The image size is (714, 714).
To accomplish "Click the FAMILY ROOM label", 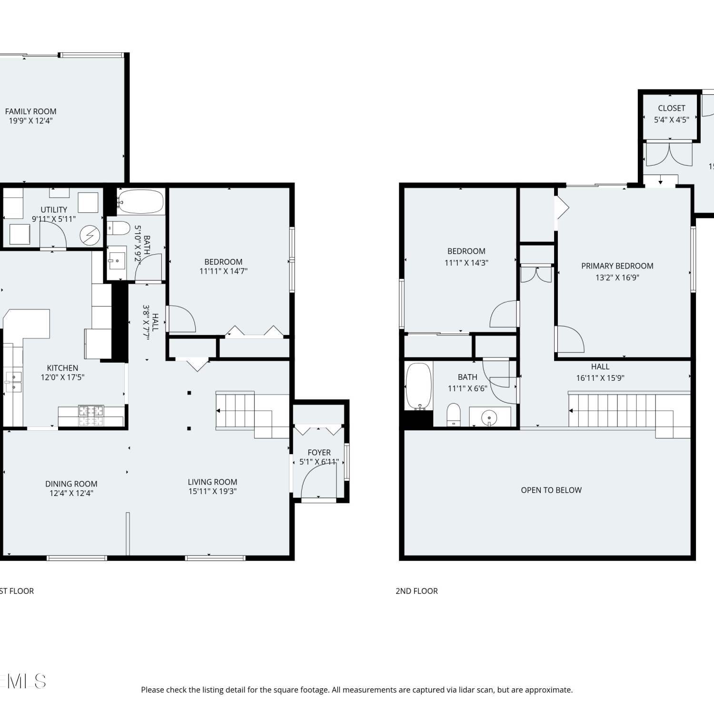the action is (x=30, y=111).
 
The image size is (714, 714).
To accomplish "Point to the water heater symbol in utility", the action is (x=89, y=235).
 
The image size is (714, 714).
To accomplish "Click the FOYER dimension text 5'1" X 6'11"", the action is (x=319, y=462).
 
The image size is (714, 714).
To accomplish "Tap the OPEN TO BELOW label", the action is (x=551, y=490).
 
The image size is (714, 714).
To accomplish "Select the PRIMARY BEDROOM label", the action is (x=617, y=266).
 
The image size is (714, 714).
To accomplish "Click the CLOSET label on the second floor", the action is (x=672, y=108).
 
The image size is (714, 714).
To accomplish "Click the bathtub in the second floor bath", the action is (x=418, y=386).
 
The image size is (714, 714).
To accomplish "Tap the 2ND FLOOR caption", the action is (x=416, y=591).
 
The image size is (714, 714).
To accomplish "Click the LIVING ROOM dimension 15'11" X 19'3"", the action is (x=212, y=491).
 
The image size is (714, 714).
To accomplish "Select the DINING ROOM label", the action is (x=71, y=484).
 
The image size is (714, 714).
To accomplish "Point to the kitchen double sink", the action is (x=13, y=382).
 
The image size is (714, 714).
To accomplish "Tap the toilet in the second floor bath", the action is (x=454, y=415).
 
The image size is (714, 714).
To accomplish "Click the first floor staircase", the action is (x=252, y=414).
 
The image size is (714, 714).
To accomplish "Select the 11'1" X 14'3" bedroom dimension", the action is (x=466, y=263).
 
